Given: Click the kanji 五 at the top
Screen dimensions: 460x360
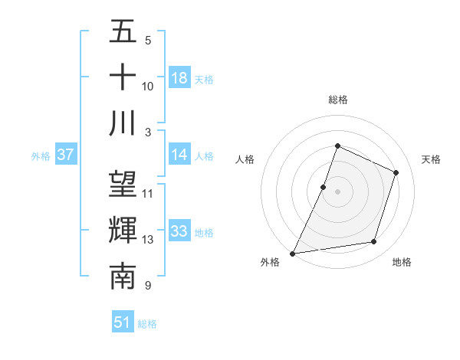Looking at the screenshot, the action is pos(123,31).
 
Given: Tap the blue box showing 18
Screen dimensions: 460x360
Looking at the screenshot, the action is pos(179,78).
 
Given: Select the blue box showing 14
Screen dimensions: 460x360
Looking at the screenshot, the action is pos(179,155).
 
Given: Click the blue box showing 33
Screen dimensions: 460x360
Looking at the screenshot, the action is pos(179,231).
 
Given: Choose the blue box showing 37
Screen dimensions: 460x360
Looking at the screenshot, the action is pos(65,155).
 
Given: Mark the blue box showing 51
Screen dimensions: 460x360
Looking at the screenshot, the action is pos(122,323).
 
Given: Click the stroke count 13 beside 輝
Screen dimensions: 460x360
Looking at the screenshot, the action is pos(148,240).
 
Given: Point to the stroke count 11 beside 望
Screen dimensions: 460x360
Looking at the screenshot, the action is pos(148,193).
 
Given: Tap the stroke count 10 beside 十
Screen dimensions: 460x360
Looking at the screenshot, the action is pos(148,86).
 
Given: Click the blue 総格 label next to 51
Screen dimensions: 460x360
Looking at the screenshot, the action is pos(147,324).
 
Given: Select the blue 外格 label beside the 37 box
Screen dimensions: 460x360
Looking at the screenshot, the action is pos(40,155).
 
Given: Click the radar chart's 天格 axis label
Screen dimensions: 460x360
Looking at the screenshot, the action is pos(432,159).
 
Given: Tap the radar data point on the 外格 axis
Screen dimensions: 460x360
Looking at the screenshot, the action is pos(292,254).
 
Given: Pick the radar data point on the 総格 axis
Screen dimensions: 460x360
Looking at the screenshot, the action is pos(337,146).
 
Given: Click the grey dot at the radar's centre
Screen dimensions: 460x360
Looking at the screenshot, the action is pos(337,191).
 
